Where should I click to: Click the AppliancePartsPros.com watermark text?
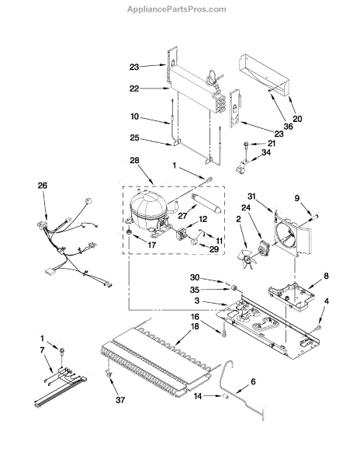(x=177, y=9)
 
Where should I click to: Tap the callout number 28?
(x=134, y=161)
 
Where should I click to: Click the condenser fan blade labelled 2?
(x=246, y=259)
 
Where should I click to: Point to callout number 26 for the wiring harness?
(x=43, y=186)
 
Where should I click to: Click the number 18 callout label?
(x=195, y=326)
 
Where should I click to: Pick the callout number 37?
(x=120, y=400)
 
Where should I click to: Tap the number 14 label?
(x=198, y=396)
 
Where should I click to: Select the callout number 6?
(x=253, y=381)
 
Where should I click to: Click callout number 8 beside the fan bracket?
(x=326, y=276)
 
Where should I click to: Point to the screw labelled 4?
(x=318, y=329)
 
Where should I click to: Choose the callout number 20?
(x=297, y=119)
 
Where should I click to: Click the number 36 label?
(x=288, y=127)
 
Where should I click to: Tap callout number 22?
(x=134, y=89)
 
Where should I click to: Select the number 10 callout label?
(x=134, y=116)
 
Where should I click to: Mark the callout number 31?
(x=251, y=196)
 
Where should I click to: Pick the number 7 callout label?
(x=42, y=350)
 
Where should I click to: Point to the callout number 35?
(x=195, y=290)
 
